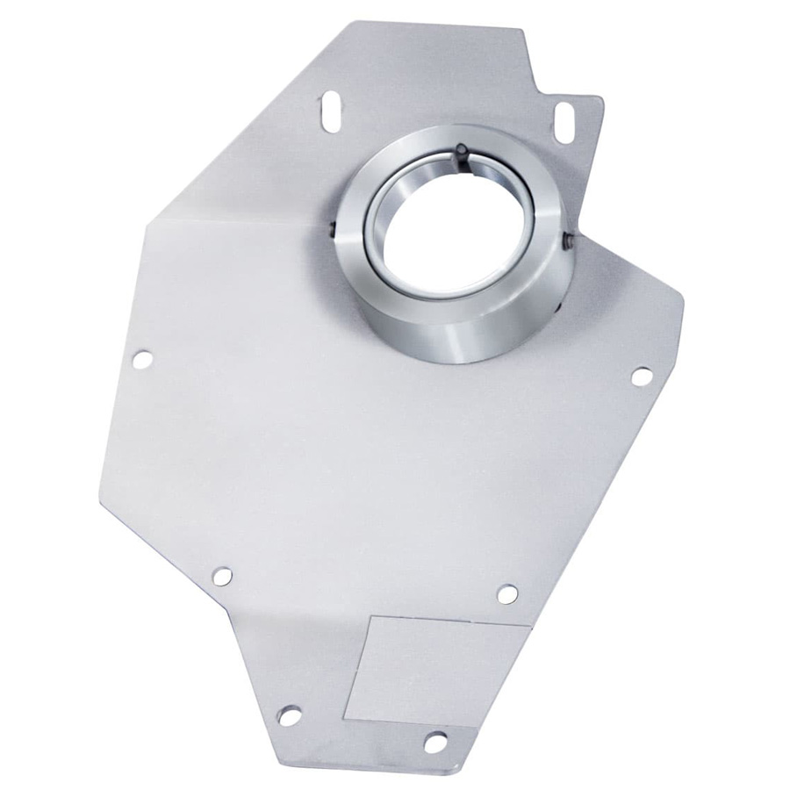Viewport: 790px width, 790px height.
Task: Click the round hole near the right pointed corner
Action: pyautogui.click(x=642, y=375)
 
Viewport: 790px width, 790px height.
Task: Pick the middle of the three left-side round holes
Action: pyautogui.click(x=222, y=576)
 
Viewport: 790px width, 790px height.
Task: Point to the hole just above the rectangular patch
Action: pyautogui.click(x=507, y=594)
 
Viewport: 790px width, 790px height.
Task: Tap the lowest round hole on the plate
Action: pyautogui.click(x=434, y=743)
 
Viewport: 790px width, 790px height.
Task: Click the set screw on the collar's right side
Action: pyautogui.click(x=569, y=238)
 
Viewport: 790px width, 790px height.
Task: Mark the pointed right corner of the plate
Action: pyautogui.click(x=681, y=298)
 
